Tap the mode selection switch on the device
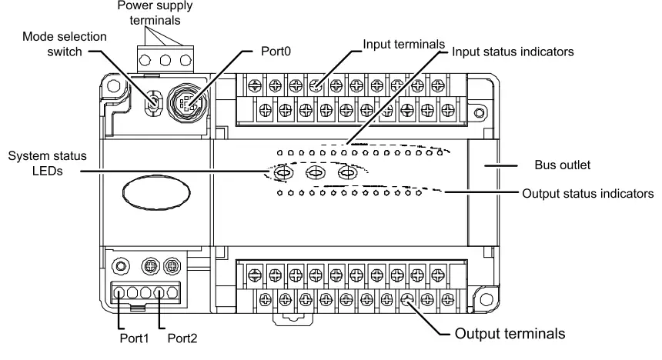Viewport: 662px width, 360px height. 154,103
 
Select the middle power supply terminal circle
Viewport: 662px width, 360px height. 162,60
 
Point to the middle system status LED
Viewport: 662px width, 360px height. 316,174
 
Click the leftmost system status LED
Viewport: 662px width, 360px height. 283,174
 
